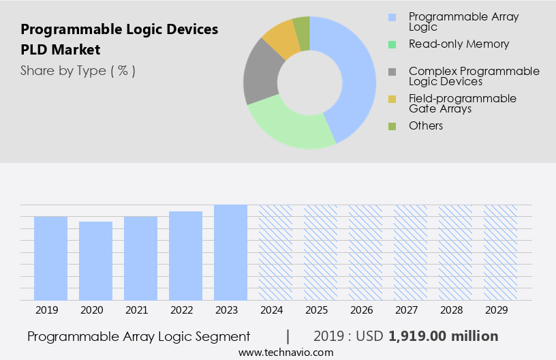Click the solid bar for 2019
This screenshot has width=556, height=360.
pos(50,258)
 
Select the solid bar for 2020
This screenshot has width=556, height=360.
pos(95,260)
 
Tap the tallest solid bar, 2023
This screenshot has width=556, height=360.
pos(230,252)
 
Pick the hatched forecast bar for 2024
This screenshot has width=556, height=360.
pos(275,252)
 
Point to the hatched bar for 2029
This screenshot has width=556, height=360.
pos(500,252)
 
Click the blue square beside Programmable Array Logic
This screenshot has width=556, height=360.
pos(392,17)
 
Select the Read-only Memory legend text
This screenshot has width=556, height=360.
pos(459,44)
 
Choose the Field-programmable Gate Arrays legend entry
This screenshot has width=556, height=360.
pos(463,103)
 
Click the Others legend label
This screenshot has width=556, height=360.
pos(426,125)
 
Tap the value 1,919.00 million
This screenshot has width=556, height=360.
pos(444,336)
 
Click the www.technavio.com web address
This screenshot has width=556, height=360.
pos(286,352)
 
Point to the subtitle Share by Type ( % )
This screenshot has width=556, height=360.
pos(78,70)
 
